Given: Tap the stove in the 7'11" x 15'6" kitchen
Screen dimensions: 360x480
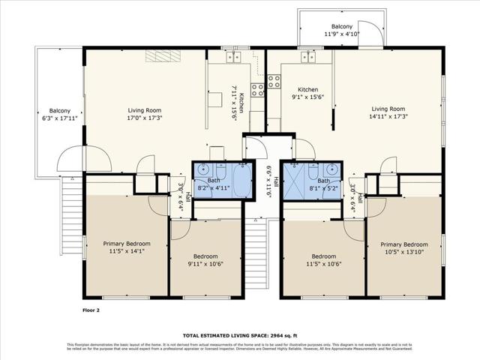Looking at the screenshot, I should pos(257,90).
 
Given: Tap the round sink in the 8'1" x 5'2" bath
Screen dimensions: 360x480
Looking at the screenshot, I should pos(330,169).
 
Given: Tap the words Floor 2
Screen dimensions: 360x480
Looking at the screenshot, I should pos(91,309).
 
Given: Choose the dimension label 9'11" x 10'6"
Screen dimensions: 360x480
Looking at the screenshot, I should pos(205,263).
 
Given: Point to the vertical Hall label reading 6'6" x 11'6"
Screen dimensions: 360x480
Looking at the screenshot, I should pos(274,181).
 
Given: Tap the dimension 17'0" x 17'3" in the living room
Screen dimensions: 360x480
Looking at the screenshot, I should pos(145,118).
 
